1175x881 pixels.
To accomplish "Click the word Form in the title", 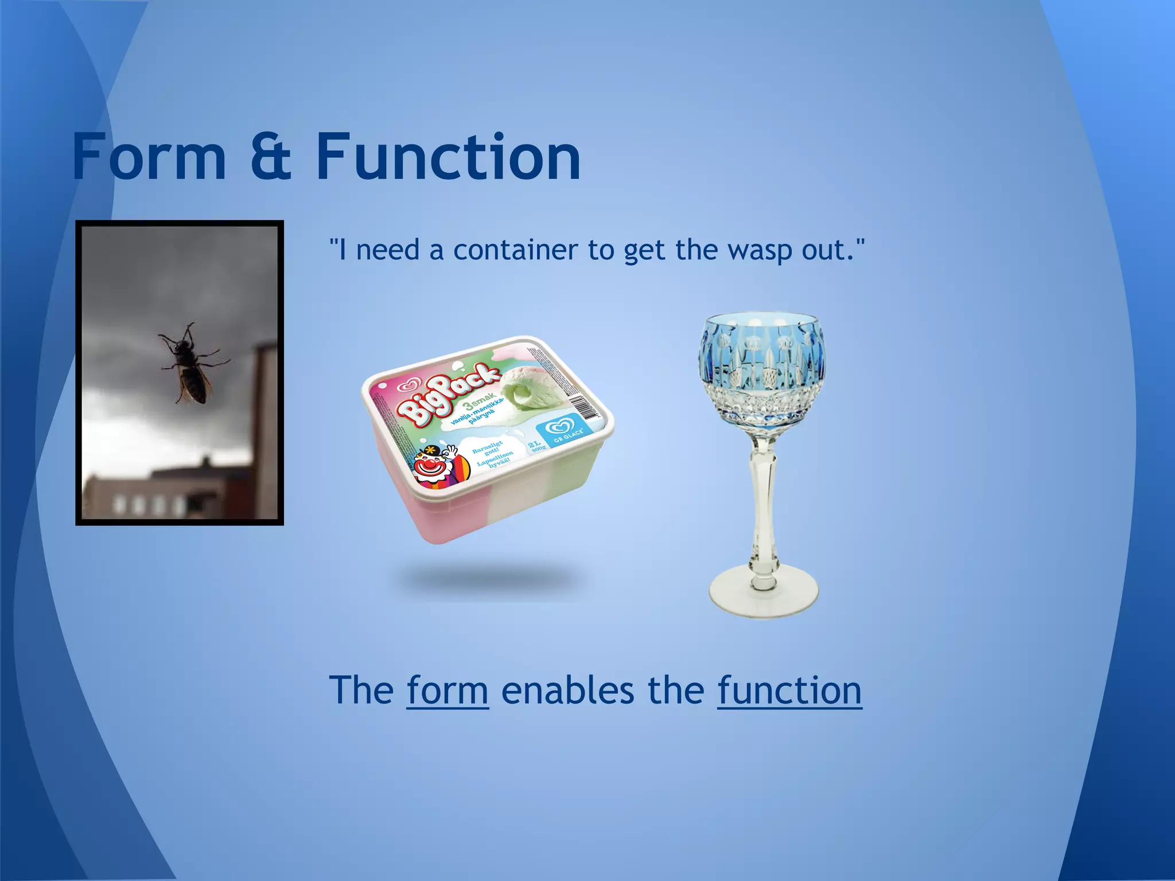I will tap(149, 156).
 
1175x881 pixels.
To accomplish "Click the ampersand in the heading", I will tap(271, 157).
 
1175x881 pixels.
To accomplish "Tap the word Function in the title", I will tap(449, 156).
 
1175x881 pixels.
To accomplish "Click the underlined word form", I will tap(448, 690).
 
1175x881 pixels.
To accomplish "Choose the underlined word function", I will tap(789, 690).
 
